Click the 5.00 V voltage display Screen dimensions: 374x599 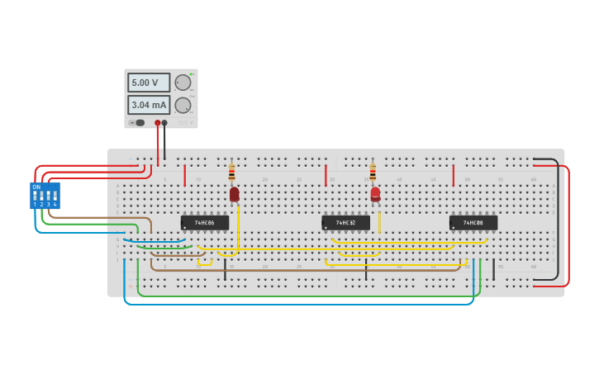click(x=148, y=83)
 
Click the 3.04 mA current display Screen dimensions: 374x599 click(x=148, y=105)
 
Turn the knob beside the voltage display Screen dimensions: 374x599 click(x=183, y=83)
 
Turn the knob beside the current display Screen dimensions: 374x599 click(x=183, y=105)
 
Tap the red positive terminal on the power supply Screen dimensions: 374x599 click(x=157, y=123)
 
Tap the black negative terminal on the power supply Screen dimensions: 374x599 click(x=164, y=123)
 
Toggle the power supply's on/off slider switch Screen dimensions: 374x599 click(x=138, y=123)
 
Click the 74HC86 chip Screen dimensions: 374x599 click(x=205, y=222)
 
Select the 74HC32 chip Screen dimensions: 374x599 click(x=345, y=222)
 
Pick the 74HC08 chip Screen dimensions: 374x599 click(x=473, y=222)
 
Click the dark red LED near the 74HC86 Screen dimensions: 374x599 click(x=235, y=194)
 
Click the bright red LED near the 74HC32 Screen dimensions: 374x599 click(x=375, y=194)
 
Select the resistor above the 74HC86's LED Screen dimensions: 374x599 click(x=231, y=173)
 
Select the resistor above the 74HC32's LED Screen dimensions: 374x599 click(x=373, y=173)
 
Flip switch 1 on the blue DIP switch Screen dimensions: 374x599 click(x=35, y=197)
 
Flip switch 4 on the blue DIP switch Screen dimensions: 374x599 click(x=55, y=197)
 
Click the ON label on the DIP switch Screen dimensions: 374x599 click(x=36, y=187)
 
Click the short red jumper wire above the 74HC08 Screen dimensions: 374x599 click(x=454, y=175)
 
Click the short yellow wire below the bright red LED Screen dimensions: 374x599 click(x=379, y=223)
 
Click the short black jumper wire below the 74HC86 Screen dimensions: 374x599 click(x=225, y=269)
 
